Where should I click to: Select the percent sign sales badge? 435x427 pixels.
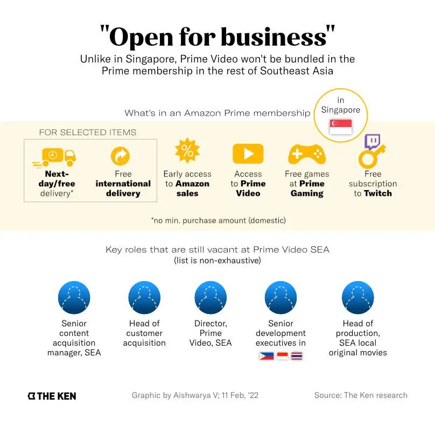[187, 151]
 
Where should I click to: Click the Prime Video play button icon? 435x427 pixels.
[248, 153]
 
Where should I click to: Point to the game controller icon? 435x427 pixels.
[307, 155]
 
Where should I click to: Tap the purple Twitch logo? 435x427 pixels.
[373, 142]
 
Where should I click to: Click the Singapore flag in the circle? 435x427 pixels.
[341, 127]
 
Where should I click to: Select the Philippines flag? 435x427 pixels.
[266, 356]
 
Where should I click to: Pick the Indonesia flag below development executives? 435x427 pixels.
[282, 356]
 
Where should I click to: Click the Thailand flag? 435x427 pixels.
[297, 356]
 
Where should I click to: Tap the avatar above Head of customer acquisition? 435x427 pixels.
[144, 298]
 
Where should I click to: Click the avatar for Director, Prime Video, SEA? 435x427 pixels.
[211, 298]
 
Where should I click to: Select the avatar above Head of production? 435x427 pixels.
[358, 298]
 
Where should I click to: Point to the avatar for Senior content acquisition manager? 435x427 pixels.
[74, 298]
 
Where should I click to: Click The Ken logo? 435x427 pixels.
[52, 396]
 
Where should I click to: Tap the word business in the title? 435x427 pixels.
[275, 37]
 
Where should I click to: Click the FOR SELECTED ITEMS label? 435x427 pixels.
[88, 132]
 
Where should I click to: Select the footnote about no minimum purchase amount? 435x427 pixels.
[218, 220]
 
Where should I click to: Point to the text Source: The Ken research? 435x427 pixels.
[361, 395]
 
